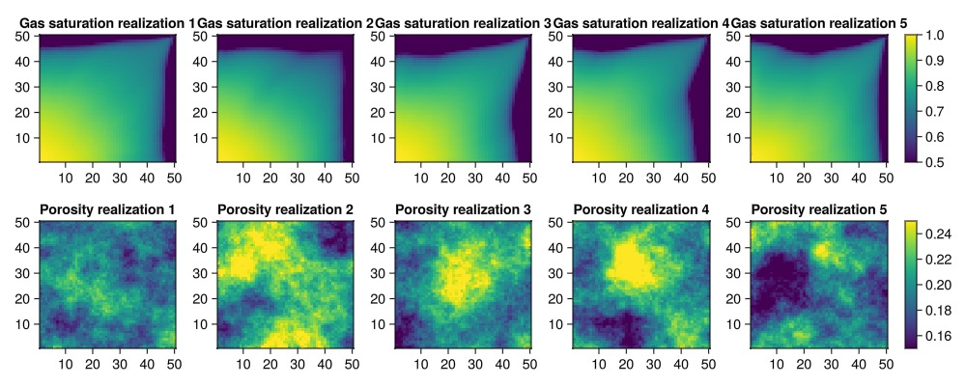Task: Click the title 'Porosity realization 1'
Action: [x=107, y=209]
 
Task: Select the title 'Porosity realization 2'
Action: [x=285, y=209]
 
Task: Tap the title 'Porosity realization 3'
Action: [x=463, y=209]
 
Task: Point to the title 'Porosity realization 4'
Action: [x=640, y=209]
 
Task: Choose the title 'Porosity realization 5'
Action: [x=818, y=209]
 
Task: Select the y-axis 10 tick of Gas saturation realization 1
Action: [x=25, y=137]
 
